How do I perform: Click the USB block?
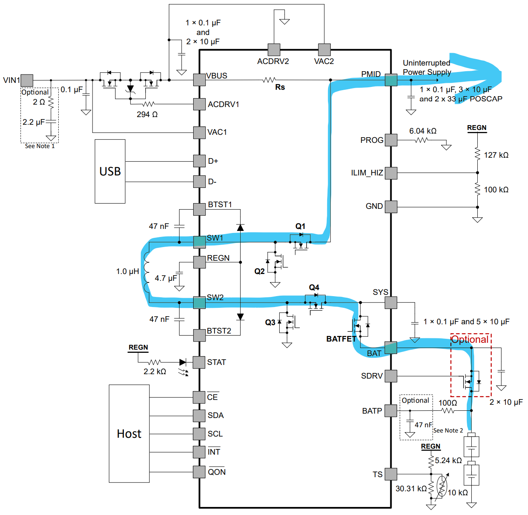[x=110, y=171]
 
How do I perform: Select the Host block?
[x=129, y=433]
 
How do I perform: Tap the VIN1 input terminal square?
[x=27, y=80]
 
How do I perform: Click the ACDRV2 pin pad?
[x=274, y=49]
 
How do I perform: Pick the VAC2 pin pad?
[x=324, y=49]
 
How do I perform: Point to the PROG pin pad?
[x=391, y=140]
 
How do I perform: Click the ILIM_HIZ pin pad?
[x=391, y=173]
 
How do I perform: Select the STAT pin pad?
[x=199, y=363]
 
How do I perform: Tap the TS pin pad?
[x=391, y=474]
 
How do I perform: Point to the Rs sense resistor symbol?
[x=269, y=80]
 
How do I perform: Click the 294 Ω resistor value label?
[x=147, y=114]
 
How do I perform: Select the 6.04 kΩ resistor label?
[x=423, y=131]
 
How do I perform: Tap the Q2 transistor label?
[x=260, y=272]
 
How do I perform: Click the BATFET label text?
[x=341, y=339]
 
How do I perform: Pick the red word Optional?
[x=470, y=339]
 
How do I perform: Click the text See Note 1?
[x=39, y=146]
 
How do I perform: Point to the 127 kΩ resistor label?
[x=496, y=155]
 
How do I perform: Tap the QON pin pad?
[x=199, y=472]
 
